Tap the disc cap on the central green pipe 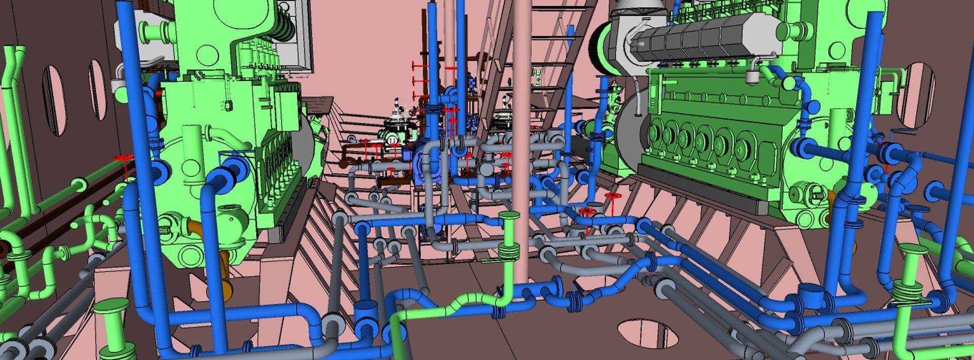[509, 216]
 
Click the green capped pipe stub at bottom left [112, 325]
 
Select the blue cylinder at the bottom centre [366, 314]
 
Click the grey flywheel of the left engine [303, 145]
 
